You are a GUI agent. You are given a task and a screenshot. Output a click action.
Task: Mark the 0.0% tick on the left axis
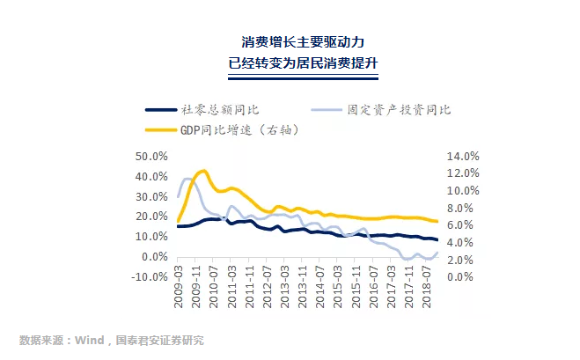click(x=153, y=257)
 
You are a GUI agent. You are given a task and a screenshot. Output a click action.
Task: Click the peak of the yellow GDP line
click(x=203, y=171)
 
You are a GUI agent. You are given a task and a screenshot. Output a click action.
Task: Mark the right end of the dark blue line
click(x=437, y=240)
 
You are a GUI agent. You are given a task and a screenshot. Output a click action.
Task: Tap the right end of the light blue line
click(x=437, y=253)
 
